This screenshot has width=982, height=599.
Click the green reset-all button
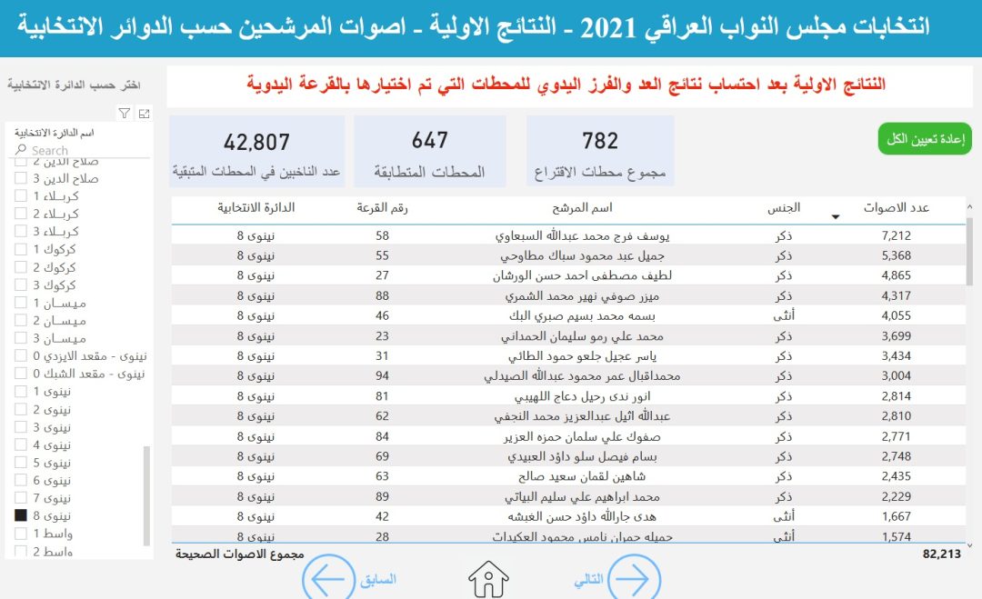(x=925, y=139)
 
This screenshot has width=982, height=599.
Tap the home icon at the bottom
(x=488, y=579)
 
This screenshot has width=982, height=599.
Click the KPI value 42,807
(x=256, y=142)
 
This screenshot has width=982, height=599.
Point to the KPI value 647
(x=429, y=140)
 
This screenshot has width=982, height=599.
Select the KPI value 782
(x=600, y=141)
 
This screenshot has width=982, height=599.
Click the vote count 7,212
(x=896, y=235)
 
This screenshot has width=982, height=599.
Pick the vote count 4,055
(x=896, y=315)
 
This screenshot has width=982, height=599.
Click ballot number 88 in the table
(x=382, y=295)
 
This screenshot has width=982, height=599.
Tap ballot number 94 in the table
(x=382, y=375)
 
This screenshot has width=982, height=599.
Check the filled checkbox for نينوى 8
(x=21, y=515)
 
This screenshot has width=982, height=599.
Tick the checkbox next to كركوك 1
(x=21, y=249)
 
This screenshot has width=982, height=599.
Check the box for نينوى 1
(x=21, y=392)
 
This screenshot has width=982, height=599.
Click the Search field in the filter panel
(x=77, y=150)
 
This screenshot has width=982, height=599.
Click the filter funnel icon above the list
(x=125, y=114)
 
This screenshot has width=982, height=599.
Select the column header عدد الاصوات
(x=896, y=208)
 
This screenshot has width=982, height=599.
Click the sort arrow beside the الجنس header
(x=836, y=216)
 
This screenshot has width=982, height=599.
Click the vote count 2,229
(x=896, y=497)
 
